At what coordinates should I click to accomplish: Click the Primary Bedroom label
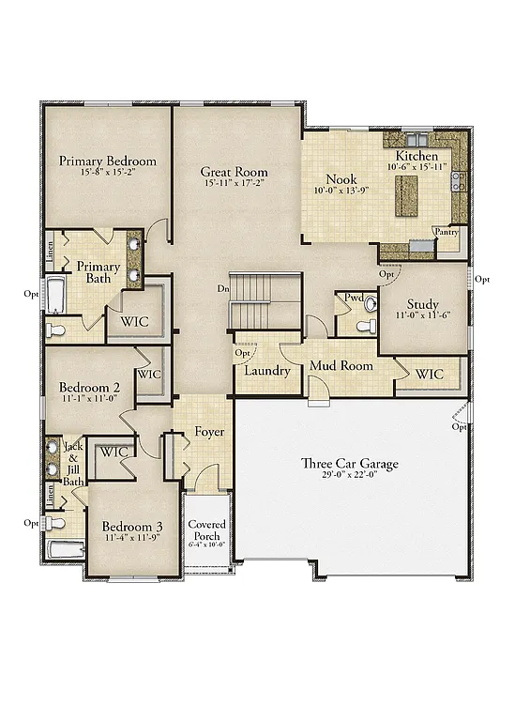click(108, 161)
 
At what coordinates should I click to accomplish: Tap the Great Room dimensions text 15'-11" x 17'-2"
click(234, 184)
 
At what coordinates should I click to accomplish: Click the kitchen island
click(406, 193)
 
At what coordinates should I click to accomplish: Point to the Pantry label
click(446, 231)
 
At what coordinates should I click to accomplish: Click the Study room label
click(422, 304)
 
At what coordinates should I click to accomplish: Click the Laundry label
click(267, 371)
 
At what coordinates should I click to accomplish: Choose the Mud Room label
click(341, 365)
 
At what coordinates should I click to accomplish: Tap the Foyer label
click(209, 432)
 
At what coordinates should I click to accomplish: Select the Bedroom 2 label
click(89, 387)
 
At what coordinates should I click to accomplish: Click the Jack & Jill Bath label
click(73, 464)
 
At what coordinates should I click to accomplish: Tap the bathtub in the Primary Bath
click(54, 296)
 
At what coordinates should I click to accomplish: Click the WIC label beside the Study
click(430, 374)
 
